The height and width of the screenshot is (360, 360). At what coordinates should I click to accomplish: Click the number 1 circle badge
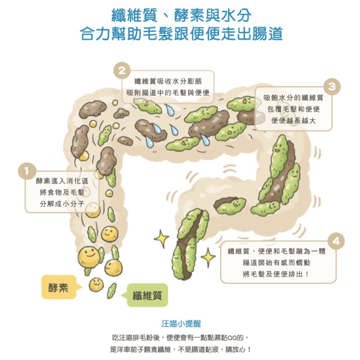[x=27, y=171]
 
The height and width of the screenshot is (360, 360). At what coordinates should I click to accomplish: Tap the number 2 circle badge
[x=122, y=70]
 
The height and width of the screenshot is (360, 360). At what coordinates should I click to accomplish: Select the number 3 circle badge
[x=332, y=87]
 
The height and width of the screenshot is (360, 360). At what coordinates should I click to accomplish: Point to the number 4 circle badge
[x=336, y=241]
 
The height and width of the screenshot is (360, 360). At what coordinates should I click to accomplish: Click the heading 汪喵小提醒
[x=181, y=324]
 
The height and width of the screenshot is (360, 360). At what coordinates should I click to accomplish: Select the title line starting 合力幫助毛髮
[x=181, y=34]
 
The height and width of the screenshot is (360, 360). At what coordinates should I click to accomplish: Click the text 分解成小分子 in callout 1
[x=62, y=204]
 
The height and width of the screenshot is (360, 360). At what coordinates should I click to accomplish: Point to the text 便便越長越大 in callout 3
[x=293, y=120]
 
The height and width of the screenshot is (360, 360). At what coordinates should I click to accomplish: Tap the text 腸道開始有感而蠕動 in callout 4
[x=276, y=262]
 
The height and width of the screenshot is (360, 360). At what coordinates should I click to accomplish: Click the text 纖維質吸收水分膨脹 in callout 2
[x=168, y=81]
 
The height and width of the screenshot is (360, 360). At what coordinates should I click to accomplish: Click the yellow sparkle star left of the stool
[x=161, y=239]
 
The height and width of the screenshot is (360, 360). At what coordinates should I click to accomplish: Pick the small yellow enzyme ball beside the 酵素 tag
[x=96, y=285]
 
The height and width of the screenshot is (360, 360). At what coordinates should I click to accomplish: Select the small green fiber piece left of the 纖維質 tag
[x=112, y=291]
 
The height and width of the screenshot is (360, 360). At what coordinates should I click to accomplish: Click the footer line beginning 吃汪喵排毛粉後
[x=180, y=338]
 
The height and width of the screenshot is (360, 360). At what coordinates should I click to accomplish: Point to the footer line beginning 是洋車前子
[x=180, y=349]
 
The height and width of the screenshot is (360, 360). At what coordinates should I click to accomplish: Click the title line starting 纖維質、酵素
[x=181, y=15]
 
